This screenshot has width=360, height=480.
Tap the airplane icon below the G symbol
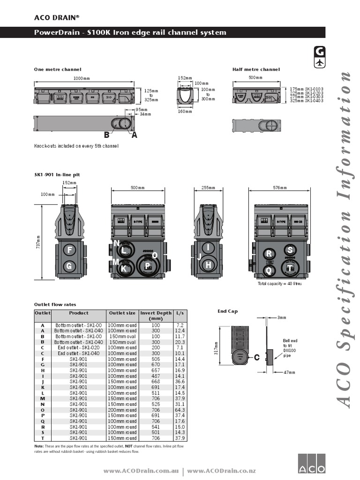(x=320, y=63)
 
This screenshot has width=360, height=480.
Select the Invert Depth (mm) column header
(x=156, y=315)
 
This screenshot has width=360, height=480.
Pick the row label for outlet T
(x=43, y=438)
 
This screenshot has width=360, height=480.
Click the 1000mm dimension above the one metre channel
(x=82, y=78)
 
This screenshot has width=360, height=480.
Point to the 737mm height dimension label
(x=38, y=242)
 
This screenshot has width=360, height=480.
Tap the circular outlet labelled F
(x=69, y=250)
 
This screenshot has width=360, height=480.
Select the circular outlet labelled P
(x=147, y=266)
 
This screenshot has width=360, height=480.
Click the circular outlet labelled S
(x=290, y=250)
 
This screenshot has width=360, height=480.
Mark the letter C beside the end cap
(x=256, y=358)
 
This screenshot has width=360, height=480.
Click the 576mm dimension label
(x=280, y=188)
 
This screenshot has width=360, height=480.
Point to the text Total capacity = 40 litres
(x=280, y=284)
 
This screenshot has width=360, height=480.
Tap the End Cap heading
(x=228, y=311)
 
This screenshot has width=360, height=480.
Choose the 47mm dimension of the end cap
(x=290, y=372)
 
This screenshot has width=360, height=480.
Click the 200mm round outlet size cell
(x=122, y=410)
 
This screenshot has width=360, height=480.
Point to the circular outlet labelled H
(x=209, y=265)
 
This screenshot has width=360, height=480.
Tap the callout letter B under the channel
(x=107, y=135)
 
